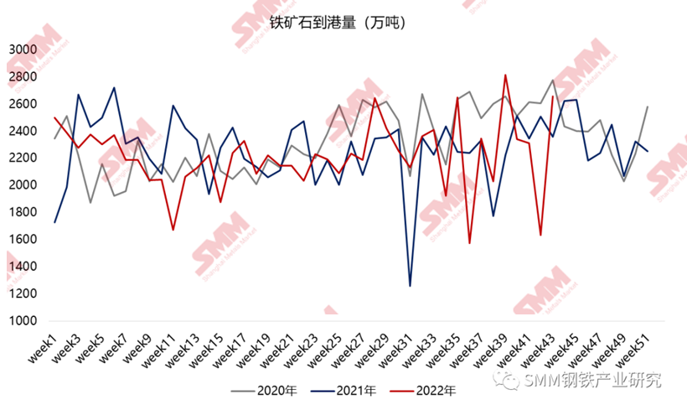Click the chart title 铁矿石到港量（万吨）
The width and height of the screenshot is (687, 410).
[x=338, y=23]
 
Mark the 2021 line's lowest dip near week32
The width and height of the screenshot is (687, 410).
[x=411, y=286]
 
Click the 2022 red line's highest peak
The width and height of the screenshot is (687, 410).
[x=505, y=75]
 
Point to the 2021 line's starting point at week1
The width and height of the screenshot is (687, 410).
[x=55, y=222]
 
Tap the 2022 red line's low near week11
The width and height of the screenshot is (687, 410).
[x=173, y=230]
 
